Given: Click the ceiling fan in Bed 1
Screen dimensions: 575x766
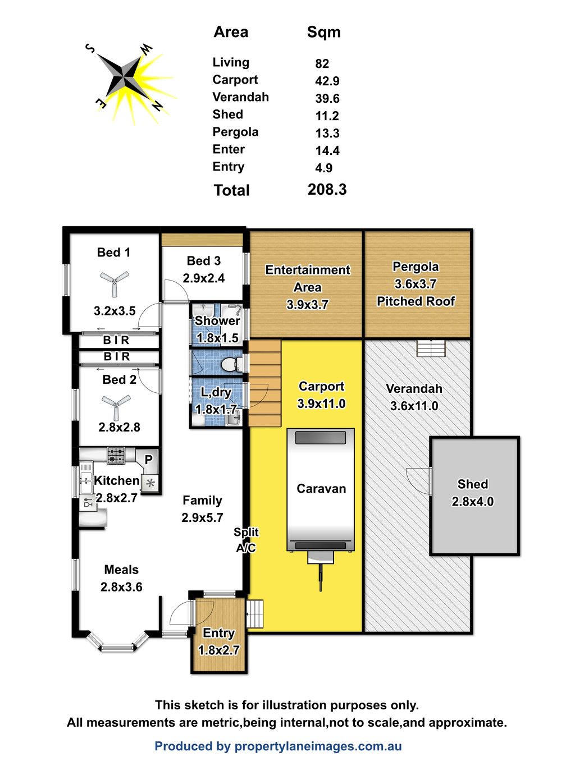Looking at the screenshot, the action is point(114,282).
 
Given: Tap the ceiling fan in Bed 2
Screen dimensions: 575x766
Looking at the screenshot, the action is point(116,406).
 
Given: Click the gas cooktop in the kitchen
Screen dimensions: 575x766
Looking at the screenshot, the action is point(116,456).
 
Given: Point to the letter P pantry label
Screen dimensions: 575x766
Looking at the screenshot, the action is point(148,460).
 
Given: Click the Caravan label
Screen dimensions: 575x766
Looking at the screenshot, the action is point(321,489).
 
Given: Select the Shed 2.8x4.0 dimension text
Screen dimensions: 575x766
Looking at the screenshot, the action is point(472,502).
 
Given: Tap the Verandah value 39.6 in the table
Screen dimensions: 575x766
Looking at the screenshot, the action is point(327,98).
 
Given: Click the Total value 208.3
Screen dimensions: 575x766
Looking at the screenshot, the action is point(327,190).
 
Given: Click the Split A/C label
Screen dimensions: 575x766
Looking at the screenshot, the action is point(246,540).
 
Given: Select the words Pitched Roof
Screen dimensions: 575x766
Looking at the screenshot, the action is point(416,301).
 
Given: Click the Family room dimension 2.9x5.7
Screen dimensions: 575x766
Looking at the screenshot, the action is point(202,517).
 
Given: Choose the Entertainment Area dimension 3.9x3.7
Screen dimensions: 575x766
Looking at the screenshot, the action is point(307,305).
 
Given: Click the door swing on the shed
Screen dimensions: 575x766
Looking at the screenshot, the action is point(418,480).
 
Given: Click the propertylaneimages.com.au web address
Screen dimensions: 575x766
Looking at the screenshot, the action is point(318,746).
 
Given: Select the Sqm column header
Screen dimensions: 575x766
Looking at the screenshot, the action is point(323,33).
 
